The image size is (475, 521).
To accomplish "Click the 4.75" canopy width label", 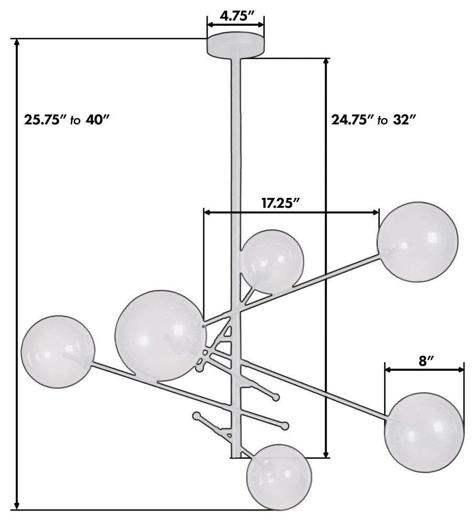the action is pos(236,16).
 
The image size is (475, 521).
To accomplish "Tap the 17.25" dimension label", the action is pos(281,203).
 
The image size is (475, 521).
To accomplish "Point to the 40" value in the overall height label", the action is pos(98,119).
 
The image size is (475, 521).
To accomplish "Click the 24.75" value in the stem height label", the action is pos(352,119).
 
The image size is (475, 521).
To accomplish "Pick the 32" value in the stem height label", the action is pos(405,119).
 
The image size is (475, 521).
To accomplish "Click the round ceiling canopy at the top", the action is pos(236,45).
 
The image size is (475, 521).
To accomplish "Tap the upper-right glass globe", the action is pos(418,242).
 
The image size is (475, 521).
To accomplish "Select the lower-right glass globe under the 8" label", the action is pos(424,433).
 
